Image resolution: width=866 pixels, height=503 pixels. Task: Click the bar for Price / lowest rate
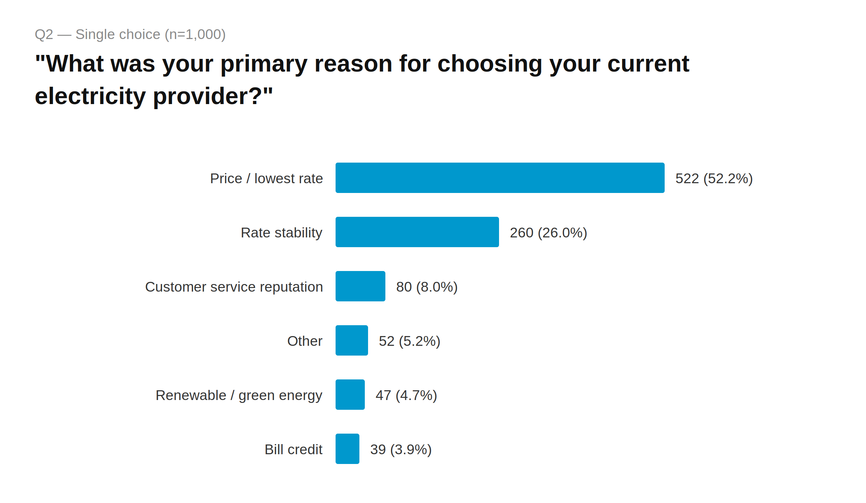[500, 178]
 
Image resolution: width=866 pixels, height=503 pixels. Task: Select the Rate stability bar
[417, 232]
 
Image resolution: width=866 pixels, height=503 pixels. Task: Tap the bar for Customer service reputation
[360, 286]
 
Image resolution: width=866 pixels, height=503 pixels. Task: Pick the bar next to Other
[351, 340]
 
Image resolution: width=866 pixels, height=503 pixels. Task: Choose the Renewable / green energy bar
[350, 395]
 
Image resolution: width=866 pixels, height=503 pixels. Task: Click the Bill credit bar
[347, 449]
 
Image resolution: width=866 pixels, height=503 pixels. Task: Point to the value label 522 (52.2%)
[714, 179]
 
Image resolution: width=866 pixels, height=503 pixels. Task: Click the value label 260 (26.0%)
[548, 233]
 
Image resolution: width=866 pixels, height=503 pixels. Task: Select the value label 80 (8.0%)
[427, 287]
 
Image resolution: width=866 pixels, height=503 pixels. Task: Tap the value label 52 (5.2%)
[409, 341]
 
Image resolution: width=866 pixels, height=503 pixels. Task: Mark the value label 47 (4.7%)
[406, 395]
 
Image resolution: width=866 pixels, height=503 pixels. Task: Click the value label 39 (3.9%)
[401, 450]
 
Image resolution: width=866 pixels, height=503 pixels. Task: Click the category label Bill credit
[293, 450]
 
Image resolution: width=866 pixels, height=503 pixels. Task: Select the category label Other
[305, 341]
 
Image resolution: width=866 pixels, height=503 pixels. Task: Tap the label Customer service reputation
[234, 287]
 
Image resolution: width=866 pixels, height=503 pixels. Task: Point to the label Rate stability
[281, 233]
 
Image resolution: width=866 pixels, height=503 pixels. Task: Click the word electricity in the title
[90, 96]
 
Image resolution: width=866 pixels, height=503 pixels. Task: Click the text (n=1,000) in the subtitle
[195, 34]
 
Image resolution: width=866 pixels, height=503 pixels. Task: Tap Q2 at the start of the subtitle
[44, 34]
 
